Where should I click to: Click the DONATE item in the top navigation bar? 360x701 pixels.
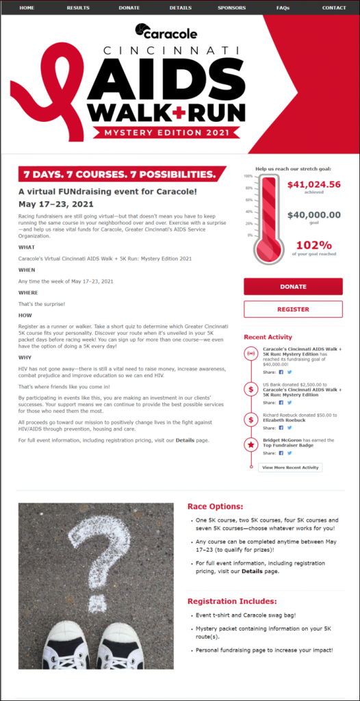(129, 8)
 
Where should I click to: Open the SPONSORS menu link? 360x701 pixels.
(231, 8)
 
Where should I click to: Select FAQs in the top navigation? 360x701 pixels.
(283, 8)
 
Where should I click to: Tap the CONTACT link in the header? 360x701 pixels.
(334, 8)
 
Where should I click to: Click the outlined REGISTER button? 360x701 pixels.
(293, 309)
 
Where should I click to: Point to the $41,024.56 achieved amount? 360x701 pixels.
(313, 185)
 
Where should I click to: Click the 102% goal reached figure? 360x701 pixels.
(313, 246)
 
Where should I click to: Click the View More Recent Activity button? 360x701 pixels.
(290, 468)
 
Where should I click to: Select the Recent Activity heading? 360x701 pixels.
(268, 337)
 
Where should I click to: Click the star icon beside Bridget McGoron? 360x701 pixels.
(251, 446)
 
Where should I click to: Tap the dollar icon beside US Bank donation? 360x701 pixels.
(251, 389)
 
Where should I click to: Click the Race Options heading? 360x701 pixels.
(215, 507)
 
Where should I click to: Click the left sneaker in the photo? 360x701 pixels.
(66, 647)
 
